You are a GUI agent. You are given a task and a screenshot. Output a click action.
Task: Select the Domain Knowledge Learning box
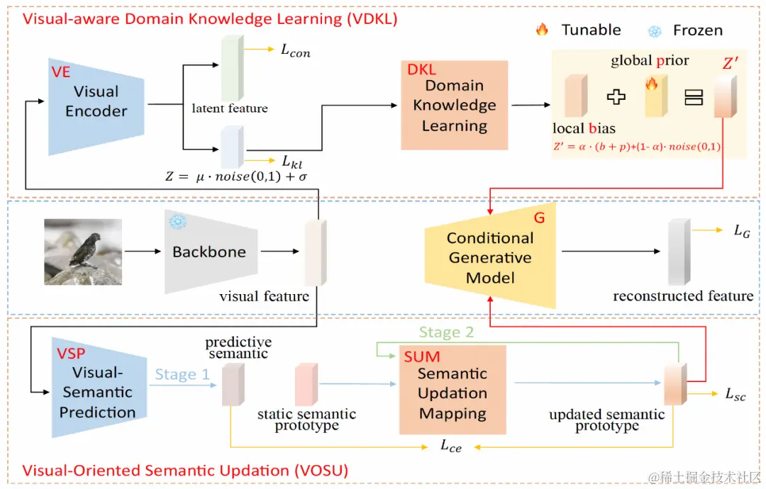[x=455, y=105]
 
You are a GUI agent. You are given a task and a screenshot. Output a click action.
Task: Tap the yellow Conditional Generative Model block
[x=489, y=257]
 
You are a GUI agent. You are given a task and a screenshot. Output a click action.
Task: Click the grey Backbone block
[x=209, y=252]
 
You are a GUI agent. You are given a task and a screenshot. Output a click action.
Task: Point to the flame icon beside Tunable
[x=543, y=30]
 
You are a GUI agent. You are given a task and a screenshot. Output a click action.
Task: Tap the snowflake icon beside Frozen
[x=655, y=30]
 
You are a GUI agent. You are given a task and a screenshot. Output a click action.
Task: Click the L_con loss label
[x=296, y=51]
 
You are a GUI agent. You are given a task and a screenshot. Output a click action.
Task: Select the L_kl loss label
[x=292, y=163]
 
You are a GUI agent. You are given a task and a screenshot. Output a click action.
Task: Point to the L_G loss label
[x=741, y=231]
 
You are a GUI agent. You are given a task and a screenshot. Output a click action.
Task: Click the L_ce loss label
[x=451, y=446]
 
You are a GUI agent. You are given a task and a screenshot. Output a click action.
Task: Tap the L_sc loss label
[x=736, y=395]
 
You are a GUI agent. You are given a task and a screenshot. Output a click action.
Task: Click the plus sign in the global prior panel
[x=616, y=97]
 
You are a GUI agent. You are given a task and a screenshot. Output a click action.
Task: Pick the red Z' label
[x=731, y=64]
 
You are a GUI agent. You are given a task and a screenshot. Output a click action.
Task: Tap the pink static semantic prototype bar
[x=306, y=384]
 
